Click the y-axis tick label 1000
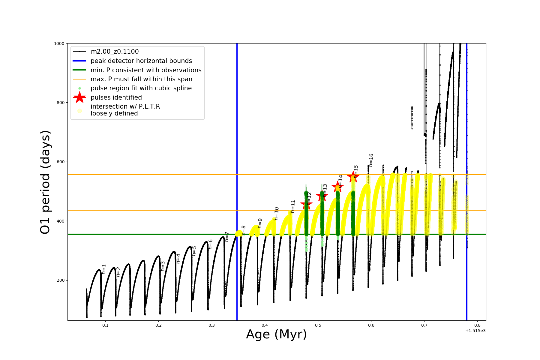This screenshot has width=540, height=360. point(59,43)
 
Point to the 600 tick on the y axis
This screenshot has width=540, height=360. point(61,162)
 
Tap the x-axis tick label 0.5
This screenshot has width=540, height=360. point(318,325)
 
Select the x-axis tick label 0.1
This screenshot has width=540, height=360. point(105,325)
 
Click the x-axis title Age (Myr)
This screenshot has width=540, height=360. point(276,334)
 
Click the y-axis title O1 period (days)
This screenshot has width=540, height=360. point(45,182)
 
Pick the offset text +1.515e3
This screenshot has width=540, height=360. point(475,331)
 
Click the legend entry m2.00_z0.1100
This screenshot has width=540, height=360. point(115,52)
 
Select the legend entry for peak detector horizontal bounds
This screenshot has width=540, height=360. point(141,61)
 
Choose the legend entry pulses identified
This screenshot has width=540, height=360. point(116,97)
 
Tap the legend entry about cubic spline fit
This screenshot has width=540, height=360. point(141,88)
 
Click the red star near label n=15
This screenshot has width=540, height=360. point(353,177)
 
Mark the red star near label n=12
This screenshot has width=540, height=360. point(306,205)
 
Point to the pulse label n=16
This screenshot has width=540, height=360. point(371,160)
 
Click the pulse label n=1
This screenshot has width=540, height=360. point(104,269)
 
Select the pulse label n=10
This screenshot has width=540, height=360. point(277,214)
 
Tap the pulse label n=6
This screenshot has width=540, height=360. point(210,244)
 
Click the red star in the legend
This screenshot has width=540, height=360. point(79,97)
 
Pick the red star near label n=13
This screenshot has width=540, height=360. point(322,196)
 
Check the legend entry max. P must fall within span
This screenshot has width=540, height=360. point(141,79)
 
